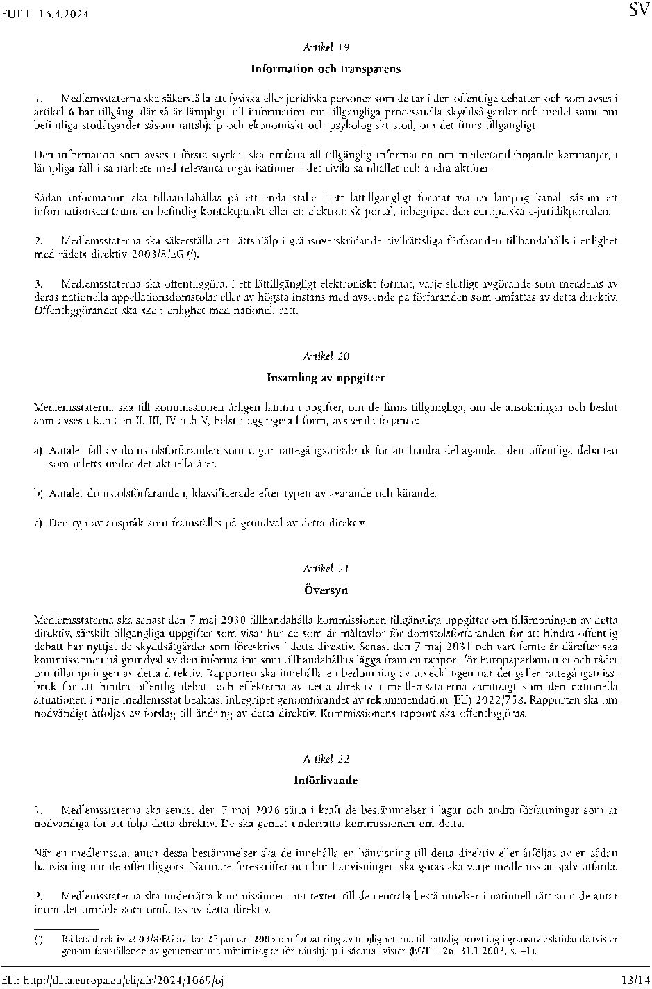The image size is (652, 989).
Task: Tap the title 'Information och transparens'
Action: coord(326,69)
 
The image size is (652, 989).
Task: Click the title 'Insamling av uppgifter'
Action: coord(326,378)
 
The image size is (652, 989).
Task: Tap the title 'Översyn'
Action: coord(326,590)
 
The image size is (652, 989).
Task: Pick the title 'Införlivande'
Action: coord(326,780)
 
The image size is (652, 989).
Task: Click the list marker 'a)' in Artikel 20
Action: coord(39,451)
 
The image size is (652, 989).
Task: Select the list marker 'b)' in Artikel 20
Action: coord(39,493)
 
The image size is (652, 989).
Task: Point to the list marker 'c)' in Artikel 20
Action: coord(39,522)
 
